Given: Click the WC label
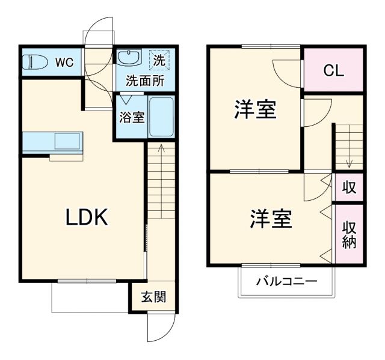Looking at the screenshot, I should point(66,61).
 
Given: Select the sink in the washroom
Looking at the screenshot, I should point(128,58).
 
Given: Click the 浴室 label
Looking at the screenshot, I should point(131,117).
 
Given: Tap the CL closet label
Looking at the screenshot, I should point(333,70).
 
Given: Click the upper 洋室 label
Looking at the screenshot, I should point(255,111).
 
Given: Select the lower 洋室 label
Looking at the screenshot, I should point(271,218).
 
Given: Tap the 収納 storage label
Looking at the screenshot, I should point(349,234).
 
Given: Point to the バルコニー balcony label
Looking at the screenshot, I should point(286,281).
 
